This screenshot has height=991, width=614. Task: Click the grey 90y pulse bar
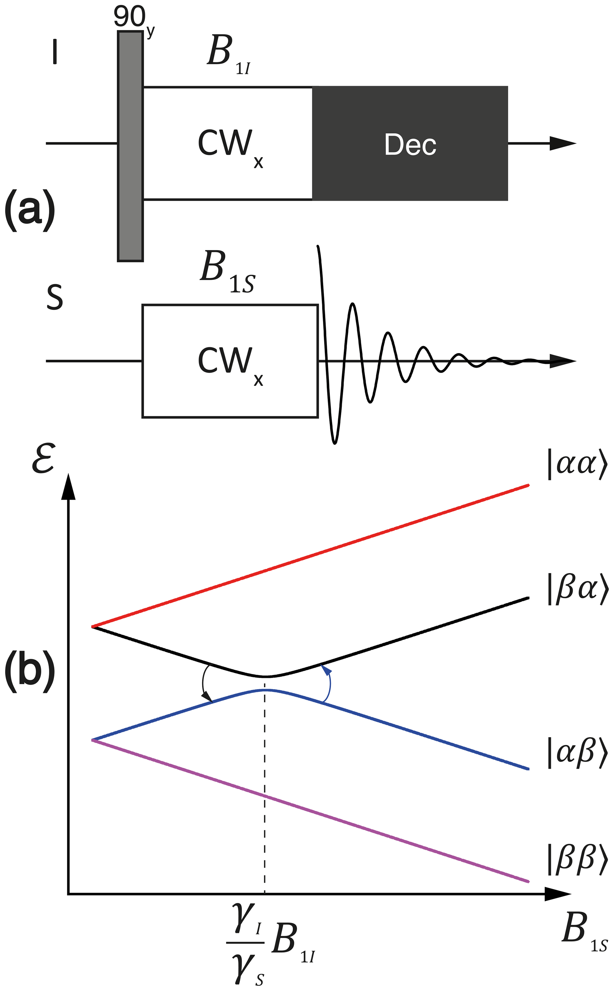130,146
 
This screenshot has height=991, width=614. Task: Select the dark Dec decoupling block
410,143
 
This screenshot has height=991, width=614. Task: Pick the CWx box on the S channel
230,361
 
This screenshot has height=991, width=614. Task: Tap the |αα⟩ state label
577,464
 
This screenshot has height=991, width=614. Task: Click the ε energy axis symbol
43,459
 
